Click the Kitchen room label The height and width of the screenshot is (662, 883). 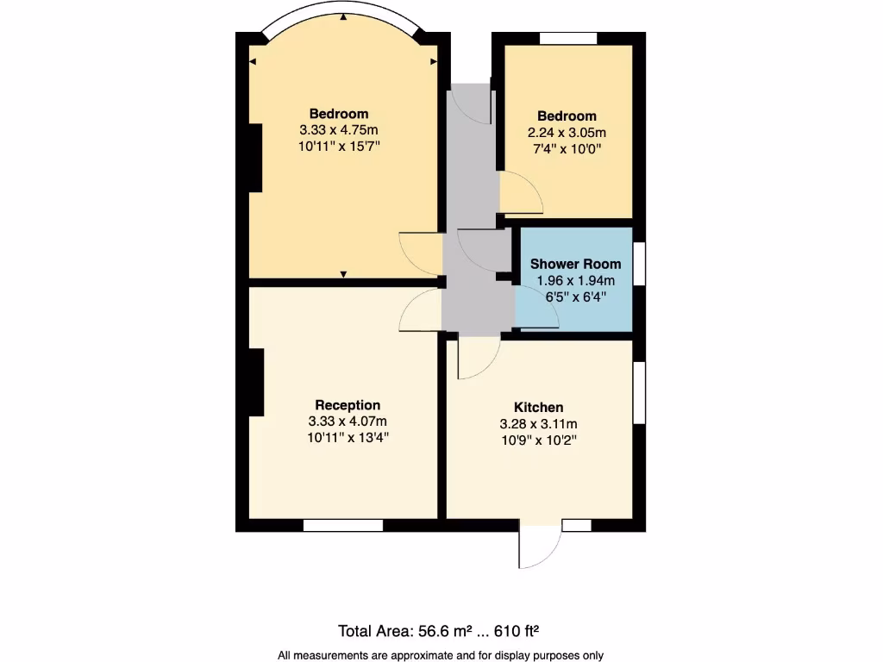pos(538,407)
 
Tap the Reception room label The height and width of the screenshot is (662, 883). pos(348,404)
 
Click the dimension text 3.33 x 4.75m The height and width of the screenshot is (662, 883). pos(339,130)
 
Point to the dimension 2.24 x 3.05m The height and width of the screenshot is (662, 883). pos(567,133)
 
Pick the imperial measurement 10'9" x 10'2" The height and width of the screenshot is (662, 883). pos(538,440)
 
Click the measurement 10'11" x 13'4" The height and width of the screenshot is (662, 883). pos(348,437)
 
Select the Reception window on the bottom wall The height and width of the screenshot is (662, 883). pos(343,525)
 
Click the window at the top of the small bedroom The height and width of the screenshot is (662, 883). pos(568,38)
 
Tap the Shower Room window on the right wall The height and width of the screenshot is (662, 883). pos(639,265)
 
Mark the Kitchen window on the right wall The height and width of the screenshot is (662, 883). pos(639,392)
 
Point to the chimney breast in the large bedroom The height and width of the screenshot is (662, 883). pos(254,158)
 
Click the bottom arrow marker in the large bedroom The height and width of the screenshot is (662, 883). pos(344,274)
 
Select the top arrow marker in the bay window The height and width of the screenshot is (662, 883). pos(344,17)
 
